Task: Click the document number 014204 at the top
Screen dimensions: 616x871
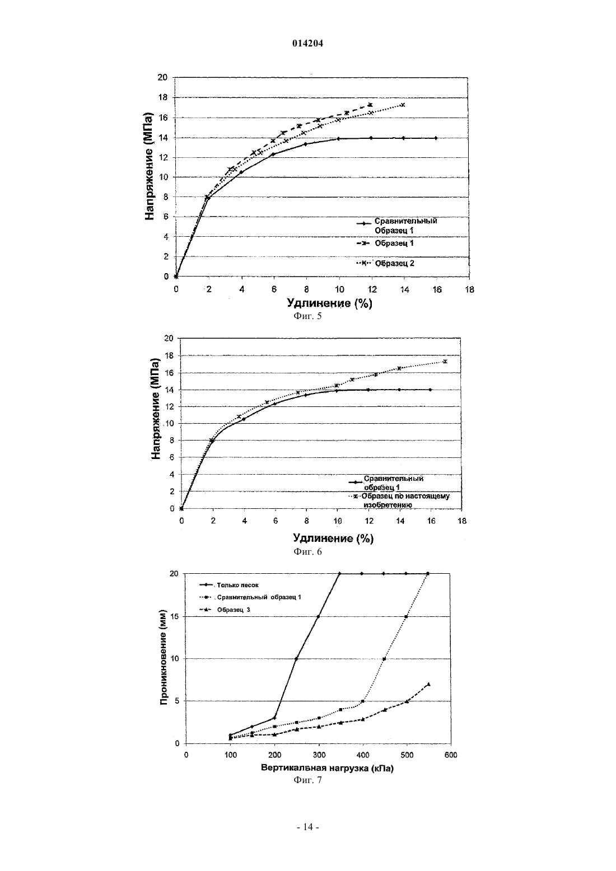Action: tap(307, 44)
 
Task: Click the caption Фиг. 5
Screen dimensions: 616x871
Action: tap(307, 316)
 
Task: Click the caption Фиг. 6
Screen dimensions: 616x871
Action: tap(307, 551)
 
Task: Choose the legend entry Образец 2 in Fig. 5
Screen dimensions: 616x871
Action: tap(394, 263)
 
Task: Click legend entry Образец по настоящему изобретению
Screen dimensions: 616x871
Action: tap(405, 500)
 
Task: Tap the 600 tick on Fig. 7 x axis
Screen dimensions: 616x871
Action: tap(451, 755)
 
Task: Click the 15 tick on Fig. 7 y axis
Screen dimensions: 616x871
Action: tap(174, 616)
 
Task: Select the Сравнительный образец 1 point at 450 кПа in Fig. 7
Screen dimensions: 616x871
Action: tap(384, 659)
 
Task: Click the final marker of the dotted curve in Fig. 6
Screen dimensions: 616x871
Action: tap(445, 361)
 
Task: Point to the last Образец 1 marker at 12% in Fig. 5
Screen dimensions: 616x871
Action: tap(370, 105)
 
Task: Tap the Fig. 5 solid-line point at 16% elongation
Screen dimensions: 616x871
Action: tap(436, 138)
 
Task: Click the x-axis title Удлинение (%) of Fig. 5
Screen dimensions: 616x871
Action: tap(329, 303)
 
